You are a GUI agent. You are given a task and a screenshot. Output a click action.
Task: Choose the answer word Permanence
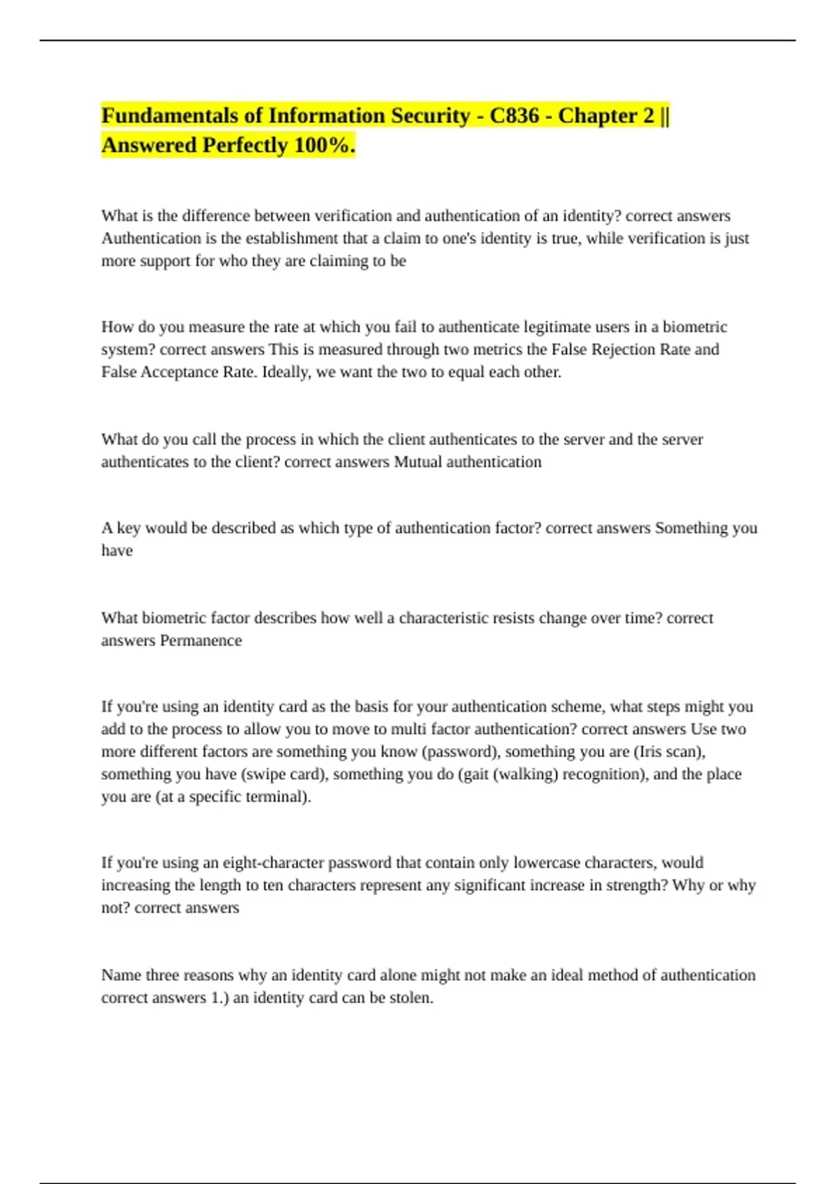tap(201, 641)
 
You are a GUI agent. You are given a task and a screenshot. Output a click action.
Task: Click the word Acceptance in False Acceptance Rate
tap(180, 372)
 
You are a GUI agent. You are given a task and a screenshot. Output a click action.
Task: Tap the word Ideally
tap(286, 373)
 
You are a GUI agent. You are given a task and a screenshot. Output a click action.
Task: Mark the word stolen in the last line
tap(412, 998)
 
